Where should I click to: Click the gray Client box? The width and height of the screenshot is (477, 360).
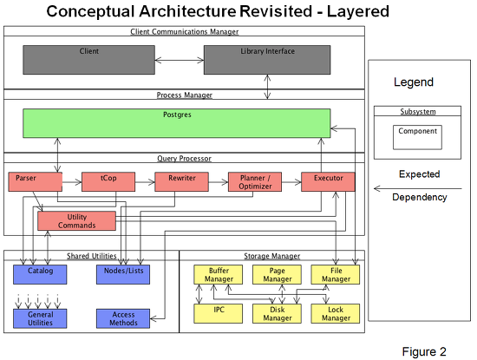88,60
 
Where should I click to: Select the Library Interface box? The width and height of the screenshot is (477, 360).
267,60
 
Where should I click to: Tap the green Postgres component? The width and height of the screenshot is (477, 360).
177,123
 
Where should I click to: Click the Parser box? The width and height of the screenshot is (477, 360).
36,181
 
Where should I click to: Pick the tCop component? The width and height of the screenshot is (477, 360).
108,181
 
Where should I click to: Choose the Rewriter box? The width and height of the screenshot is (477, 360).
181,181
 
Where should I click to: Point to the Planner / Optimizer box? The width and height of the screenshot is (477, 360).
255,181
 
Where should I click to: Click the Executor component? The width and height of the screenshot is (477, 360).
328,181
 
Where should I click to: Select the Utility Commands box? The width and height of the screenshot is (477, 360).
76,221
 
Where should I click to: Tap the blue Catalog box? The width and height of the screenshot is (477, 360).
40,274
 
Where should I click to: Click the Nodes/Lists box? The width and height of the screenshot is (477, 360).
123,274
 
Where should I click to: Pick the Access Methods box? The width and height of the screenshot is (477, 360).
123,318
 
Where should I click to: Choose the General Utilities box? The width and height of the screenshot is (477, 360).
40,318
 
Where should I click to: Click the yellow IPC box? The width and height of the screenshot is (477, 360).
218,313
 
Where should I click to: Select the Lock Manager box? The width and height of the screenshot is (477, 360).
336,313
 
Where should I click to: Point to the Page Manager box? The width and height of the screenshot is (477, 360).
277,274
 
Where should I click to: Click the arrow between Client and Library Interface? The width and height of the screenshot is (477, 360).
180,60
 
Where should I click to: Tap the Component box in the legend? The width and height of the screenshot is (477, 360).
417,137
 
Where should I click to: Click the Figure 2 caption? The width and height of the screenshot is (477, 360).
424,351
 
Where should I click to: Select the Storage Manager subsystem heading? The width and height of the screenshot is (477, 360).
272,256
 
